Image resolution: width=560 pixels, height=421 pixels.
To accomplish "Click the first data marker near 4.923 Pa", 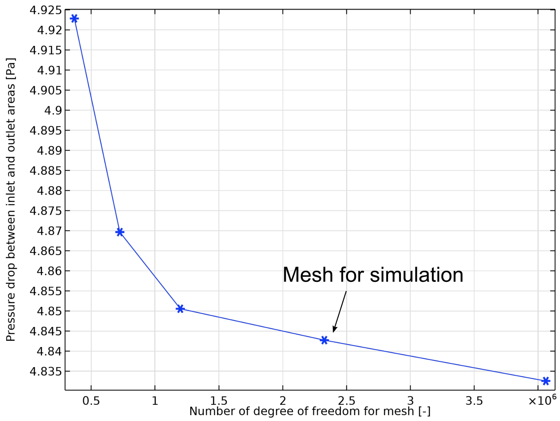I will click(x=74, y=19).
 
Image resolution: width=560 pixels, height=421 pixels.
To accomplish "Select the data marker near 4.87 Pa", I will click(x=120, y=232).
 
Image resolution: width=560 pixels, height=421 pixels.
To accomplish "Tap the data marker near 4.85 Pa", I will click(x=180, y=309).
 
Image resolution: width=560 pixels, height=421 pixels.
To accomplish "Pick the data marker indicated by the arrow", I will click(x=324, y=340).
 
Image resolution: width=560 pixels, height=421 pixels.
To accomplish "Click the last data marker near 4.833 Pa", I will click(x=546, y=381).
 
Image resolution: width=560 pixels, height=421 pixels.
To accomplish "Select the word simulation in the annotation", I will click(x=416, y=275).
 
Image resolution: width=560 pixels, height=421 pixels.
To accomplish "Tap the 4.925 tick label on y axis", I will click(x=46, y=10).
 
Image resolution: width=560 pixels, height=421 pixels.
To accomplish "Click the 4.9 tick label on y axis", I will click(x=53, y=110).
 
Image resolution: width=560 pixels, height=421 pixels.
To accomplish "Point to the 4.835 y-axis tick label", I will click(x=46, y=371).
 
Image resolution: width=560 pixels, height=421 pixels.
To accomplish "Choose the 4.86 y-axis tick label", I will click(x=49, y=271).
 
